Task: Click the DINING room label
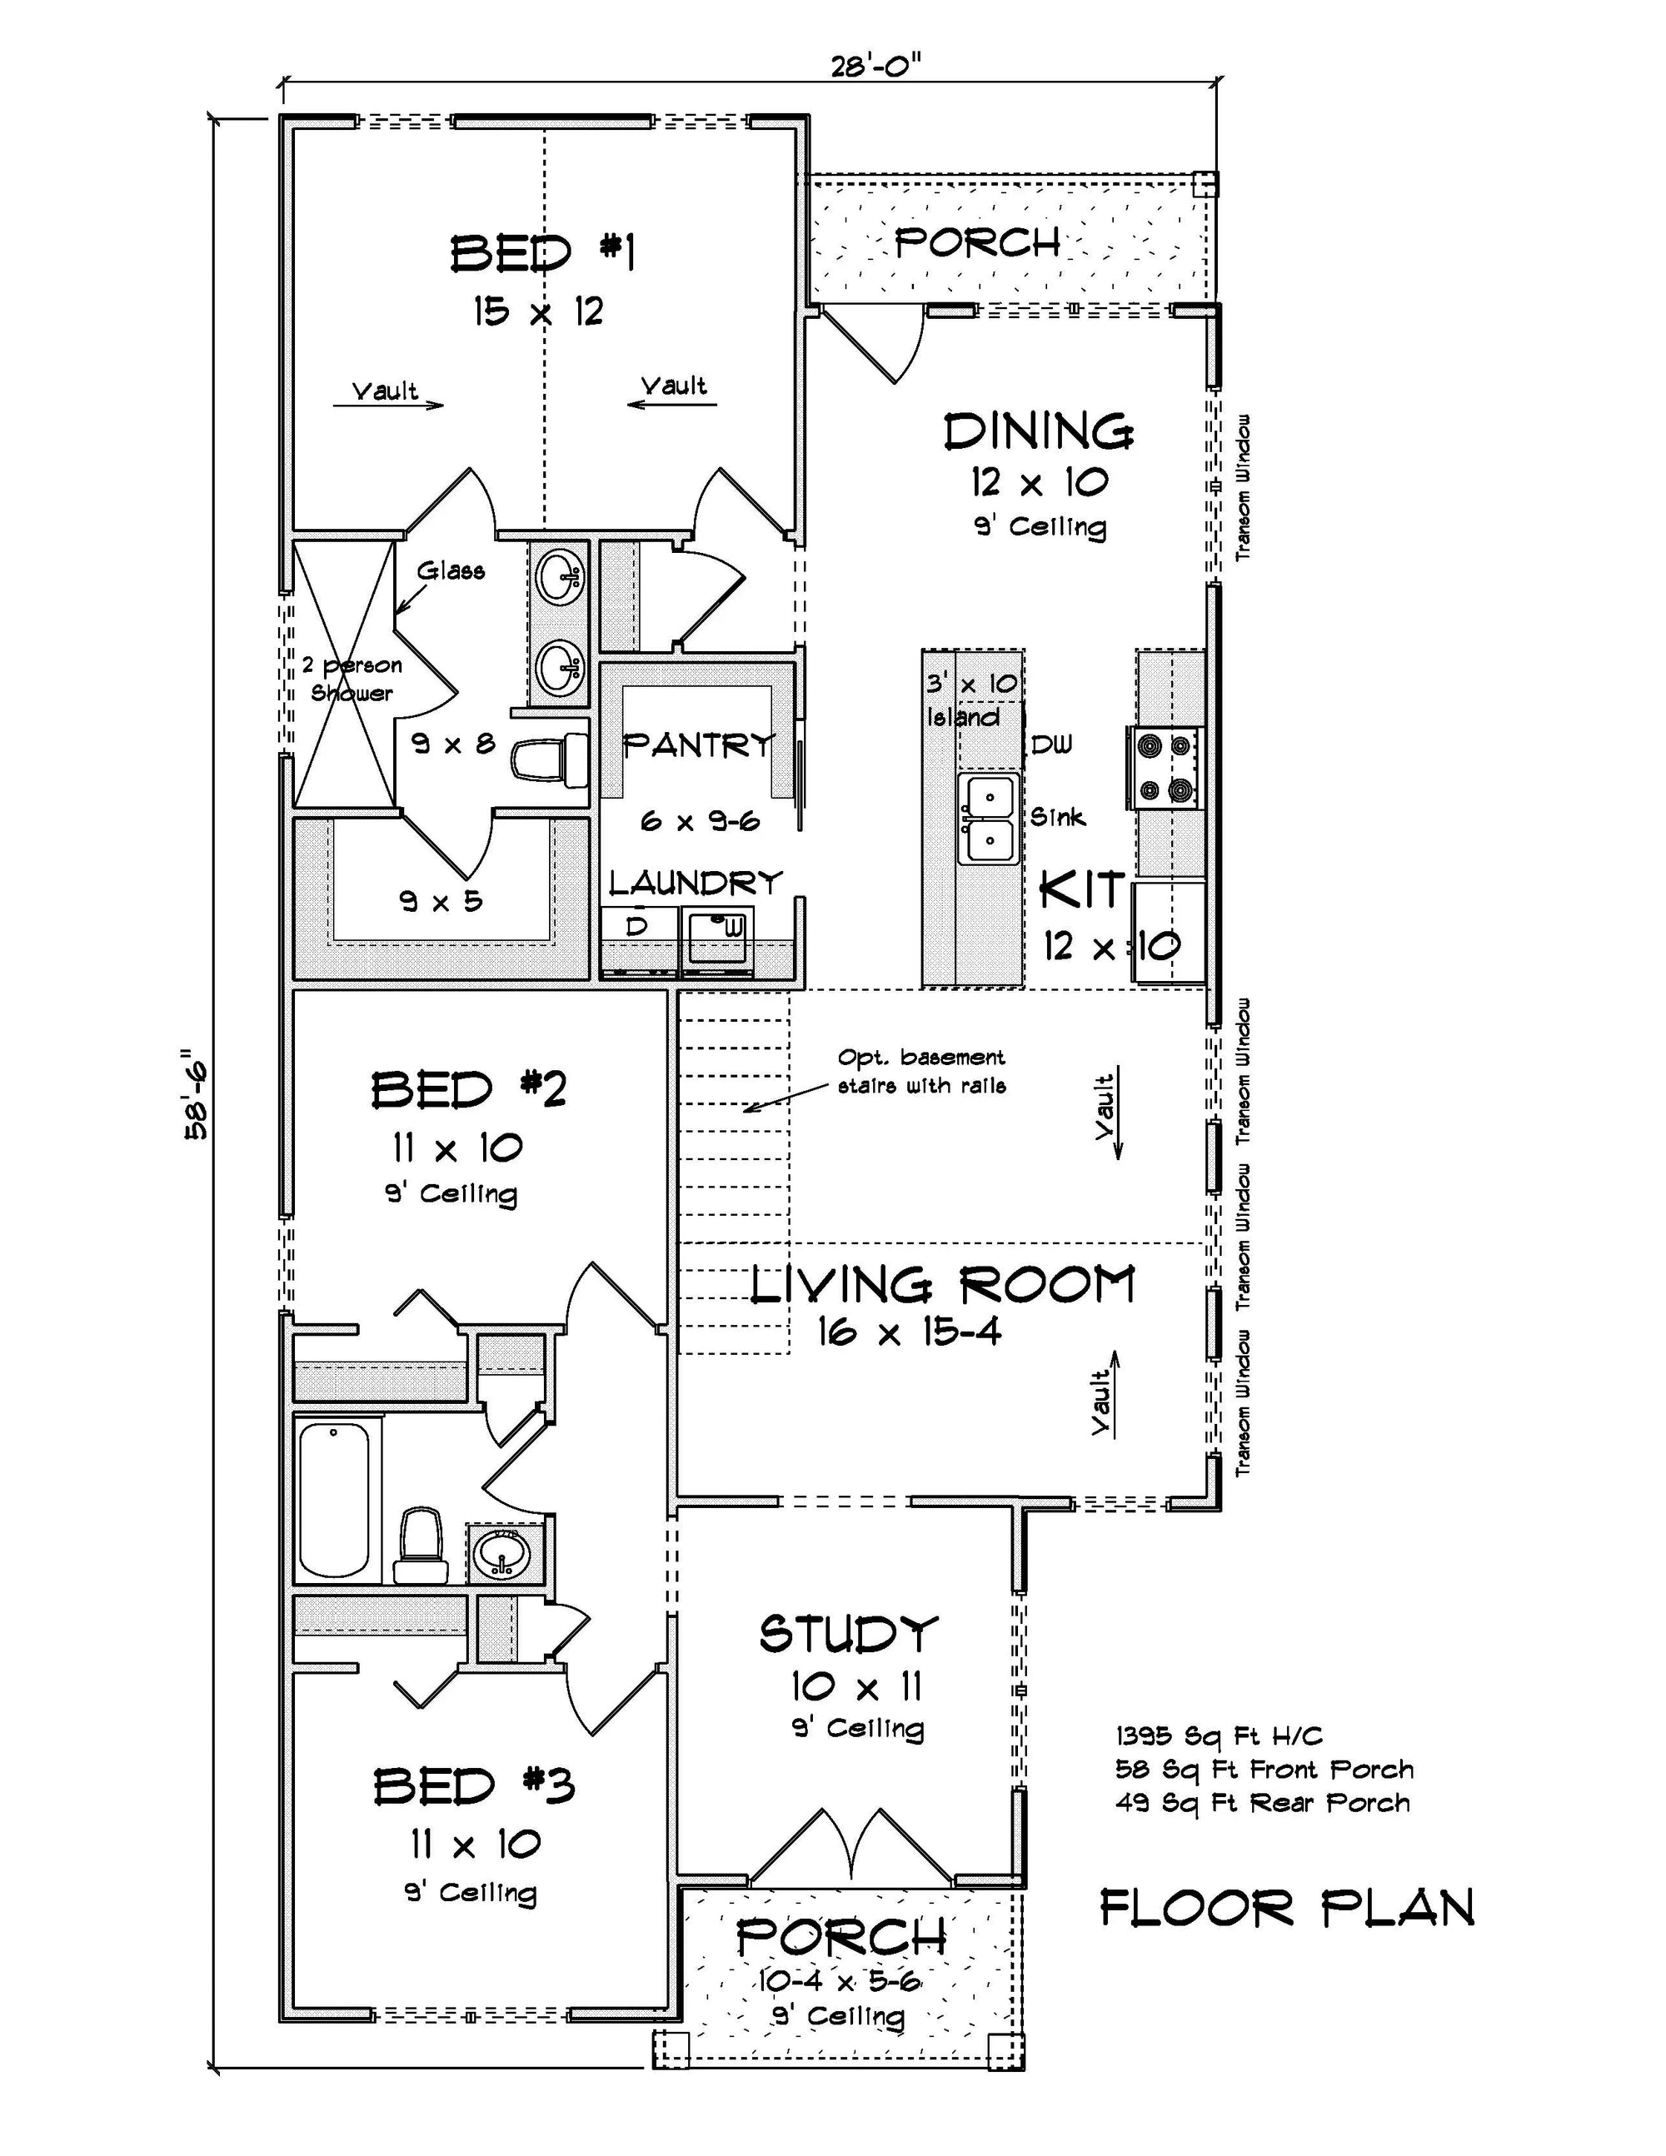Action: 1038,431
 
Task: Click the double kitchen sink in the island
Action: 989,819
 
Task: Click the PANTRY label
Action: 698,745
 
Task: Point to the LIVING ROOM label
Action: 943,1285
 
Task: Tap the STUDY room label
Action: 847,1634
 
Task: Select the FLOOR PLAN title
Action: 1287,1908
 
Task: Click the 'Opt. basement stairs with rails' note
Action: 921,1071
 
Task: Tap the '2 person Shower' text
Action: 352,680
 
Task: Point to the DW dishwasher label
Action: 1050,745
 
